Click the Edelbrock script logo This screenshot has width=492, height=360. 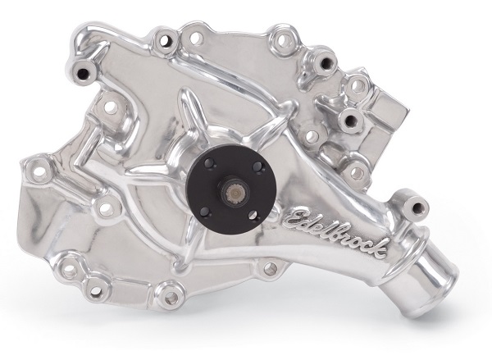point(335,230)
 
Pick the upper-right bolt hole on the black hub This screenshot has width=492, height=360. point(257,166)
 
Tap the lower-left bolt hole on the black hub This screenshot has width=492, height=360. point(204,212)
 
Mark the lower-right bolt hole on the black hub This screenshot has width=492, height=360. point(253,216)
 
